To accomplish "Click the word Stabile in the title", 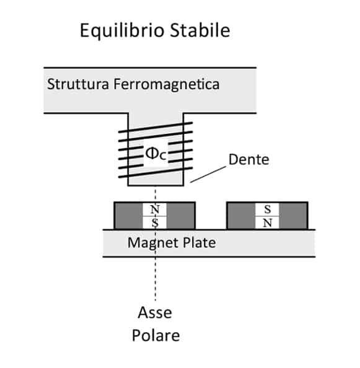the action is [x=200, y=30].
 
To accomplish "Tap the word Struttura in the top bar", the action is [x=78, y=84].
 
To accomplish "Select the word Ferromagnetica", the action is [x=167, y=85].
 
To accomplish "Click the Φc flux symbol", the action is [x=156, y=154].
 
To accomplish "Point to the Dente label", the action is [x=248, y=160].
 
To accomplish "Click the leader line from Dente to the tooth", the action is [x=208, y=174].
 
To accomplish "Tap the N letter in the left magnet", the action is [x=155, y=209].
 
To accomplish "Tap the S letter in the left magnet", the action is [x=155, y=222].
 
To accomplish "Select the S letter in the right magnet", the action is [x=268, y=209].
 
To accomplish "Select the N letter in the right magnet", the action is [x=268, y=222].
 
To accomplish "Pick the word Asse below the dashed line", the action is [x=155, y=313].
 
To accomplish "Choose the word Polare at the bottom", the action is [x=156, y=335].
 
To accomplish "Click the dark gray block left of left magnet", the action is [x=128, y=216].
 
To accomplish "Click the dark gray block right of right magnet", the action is [x=293, y=216].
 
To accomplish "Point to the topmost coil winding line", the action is [x=156, y=127].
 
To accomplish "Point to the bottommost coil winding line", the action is [x=156, y=172].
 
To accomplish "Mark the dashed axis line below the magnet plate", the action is [x=155, y=279].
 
